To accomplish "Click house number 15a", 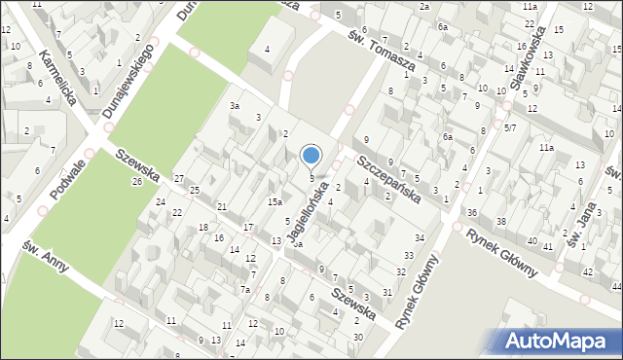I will [x=275, y=201].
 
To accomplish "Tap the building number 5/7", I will [x=509, y=127].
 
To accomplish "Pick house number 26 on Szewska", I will [x=136, y=182].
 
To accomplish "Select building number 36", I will [x=472, y=212].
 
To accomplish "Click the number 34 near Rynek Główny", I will [x=420, y=237].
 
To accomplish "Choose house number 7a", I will [x=246, y=290].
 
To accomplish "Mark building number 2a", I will [x=424, y=7].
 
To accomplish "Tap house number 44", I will [x=616, y=288].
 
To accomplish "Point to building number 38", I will [x=501, y=222].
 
